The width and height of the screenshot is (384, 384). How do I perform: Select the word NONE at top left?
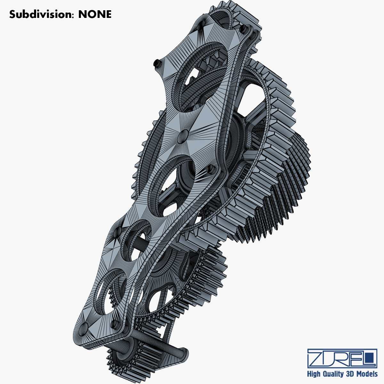click(x=95, y=14)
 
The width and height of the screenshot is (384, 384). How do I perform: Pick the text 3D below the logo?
click(x=349, y=374)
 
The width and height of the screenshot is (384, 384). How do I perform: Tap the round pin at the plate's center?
click(x=183, y=135)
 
